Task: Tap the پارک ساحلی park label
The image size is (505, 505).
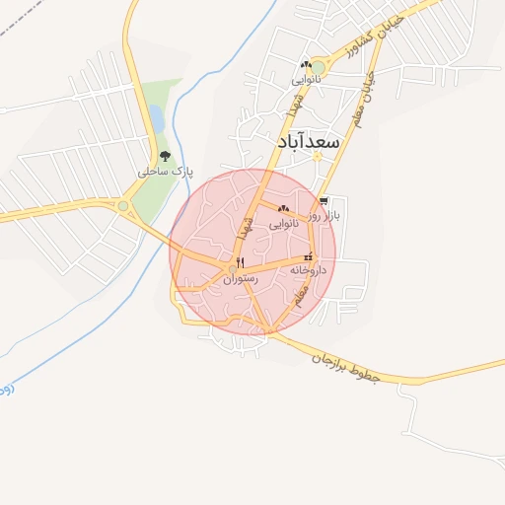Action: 165,172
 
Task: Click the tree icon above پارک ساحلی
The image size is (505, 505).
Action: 164,156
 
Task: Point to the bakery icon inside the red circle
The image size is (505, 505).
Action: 284,208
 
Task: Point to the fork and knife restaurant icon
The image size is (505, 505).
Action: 240,262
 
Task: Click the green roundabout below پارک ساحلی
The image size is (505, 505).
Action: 122,206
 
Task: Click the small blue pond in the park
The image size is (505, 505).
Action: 156,118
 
